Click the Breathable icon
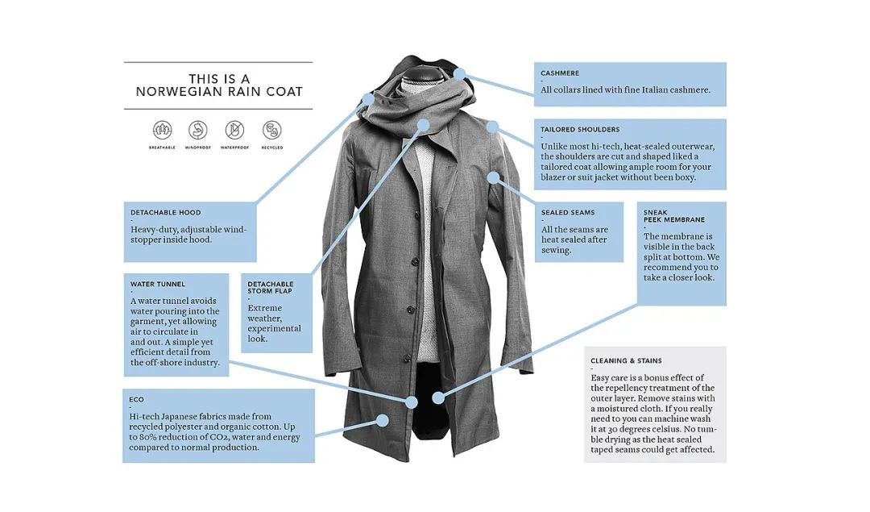tap(162, 130)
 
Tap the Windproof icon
tap(198, 130)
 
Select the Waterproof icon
tap(234, 130)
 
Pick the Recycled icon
tap(272, 130)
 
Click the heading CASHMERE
tap(560, 73)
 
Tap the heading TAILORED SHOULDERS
tap(580, 129)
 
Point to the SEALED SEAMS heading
tap(568, 213)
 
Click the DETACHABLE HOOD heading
tap(166, 213)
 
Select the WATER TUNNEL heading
tap(158, 285)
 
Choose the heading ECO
tap(136, 400)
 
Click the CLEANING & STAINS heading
tap(627, 361)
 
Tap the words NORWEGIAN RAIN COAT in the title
tap(219, 92)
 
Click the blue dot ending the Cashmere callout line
tap(459, 74)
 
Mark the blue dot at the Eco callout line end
tap(383, 420)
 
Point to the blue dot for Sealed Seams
tap(493, 177)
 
